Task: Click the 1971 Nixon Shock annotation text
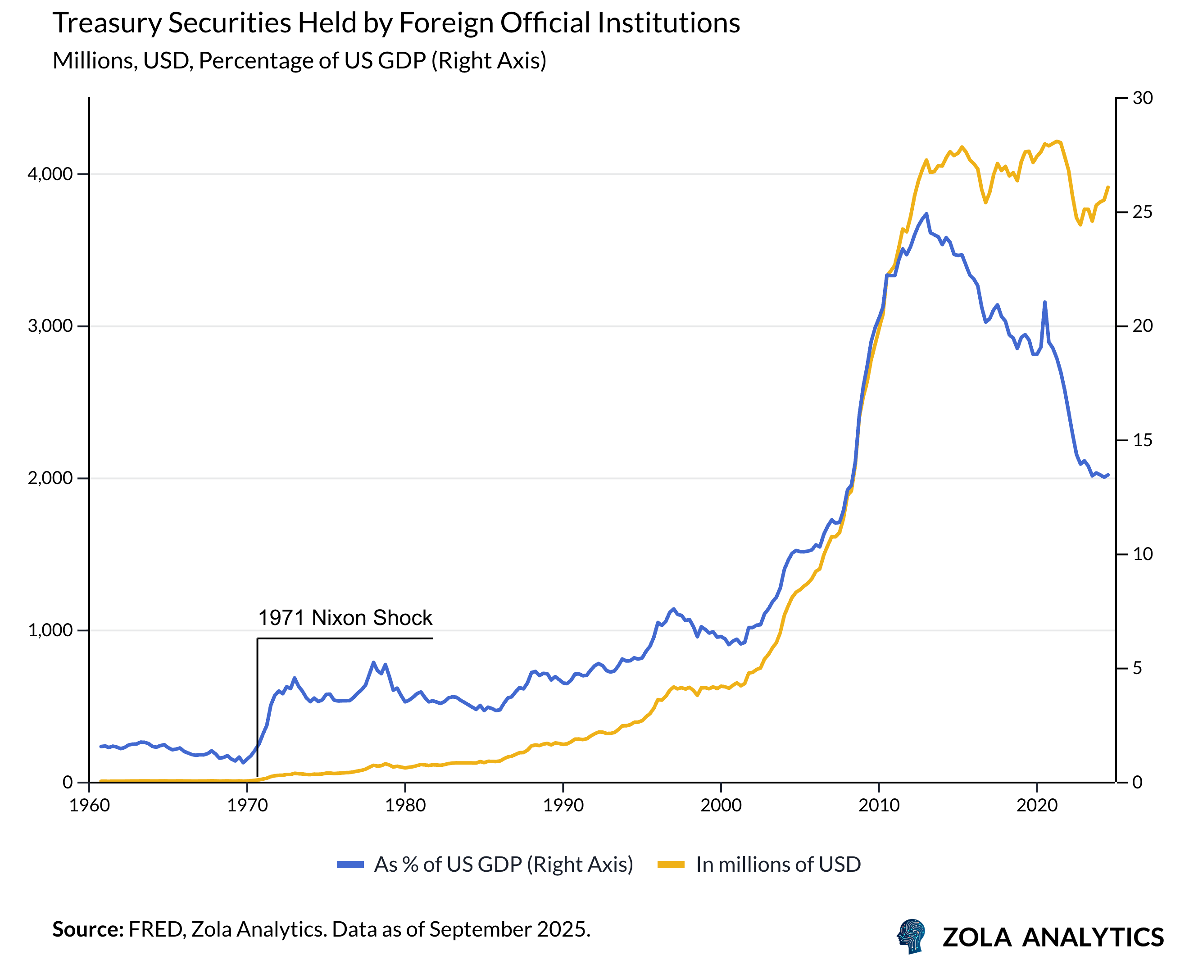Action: (x=345, y=618)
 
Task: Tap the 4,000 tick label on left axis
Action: (x=50, y=174)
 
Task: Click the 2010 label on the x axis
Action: (x=879, y=806)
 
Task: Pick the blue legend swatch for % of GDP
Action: (x=350, y=865)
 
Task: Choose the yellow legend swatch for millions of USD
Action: (x=670, y=865)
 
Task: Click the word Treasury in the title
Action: (x=106, y=23)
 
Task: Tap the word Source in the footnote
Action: (x=87, y=929)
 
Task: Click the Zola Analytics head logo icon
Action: (x=912, y=936)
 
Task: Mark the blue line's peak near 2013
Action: (x=926, y=214)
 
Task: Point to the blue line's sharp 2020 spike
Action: (x=1044, y=302)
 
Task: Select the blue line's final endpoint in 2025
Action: (x=1108, y=475)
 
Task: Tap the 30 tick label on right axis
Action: (x=1142, y=98)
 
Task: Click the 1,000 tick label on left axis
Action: (x=50, y=630)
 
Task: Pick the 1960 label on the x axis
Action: (x=89, y=806)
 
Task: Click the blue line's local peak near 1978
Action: (x=373, y=662)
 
